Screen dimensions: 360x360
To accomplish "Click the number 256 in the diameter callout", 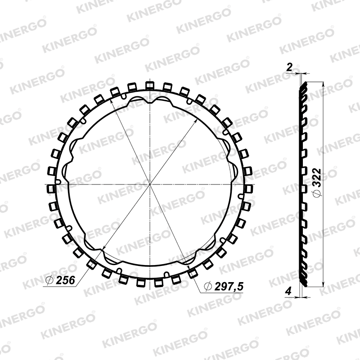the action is pos(66,280).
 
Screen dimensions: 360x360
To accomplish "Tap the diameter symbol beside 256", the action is pos(49,280).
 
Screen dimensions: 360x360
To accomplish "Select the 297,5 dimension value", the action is pos(229,286).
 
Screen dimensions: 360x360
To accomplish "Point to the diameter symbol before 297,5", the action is pos(208,287).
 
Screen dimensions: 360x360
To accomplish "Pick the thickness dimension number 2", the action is pos(289,67).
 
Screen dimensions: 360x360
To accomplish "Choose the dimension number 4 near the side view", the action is pos(288,291).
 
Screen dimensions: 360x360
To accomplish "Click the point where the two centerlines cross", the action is pos(150,184).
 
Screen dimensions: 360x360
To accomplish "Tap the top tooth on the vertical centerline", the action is pos(150,85).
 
